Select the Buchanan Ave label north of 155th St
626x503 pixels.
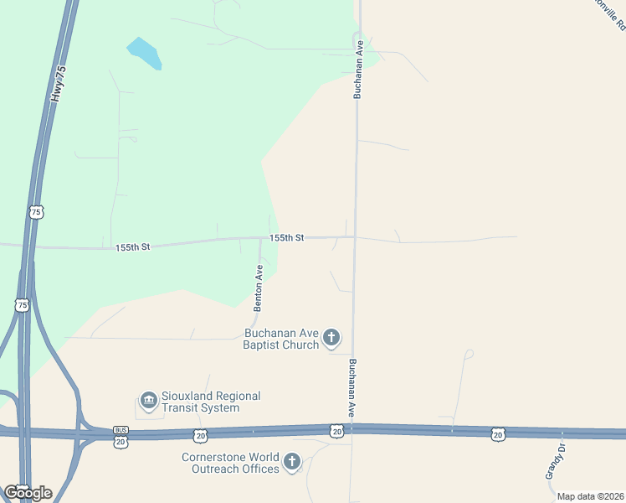tap(357, 69)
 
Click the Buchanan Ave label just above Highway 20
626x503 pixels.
tap(352, 388)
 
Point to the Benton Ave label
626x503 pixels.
tap(259, 287)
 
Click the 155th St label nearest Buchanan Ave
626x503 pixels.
tap(286, 238)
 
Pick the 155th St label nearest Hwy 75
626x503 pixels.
tap(132, 247)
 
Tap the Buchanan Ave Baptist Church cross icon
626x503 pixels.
tap(331, 338)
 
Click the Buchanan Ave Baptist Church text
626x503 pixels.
tap(281, 338)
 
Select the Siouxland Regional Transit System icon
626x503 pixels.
tap(149, 402)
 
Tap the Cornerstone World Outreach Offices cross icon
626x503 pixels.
tap(292, 462)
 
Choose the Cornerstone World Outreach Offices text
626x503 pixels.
tap(230, 463)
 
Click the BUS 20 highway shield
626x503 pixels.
tap(121, 437)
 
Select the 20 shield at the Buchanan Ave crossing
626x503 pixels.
tap(336, 431)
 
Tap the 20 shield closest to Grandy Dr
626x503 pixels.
tap(498, 433)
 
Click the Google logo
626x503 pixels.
tap(28, 492)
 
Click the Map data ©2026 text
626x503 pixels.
tap(590, 496)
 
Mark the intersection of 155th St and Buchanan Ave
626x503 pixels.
tap(355, 237)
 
